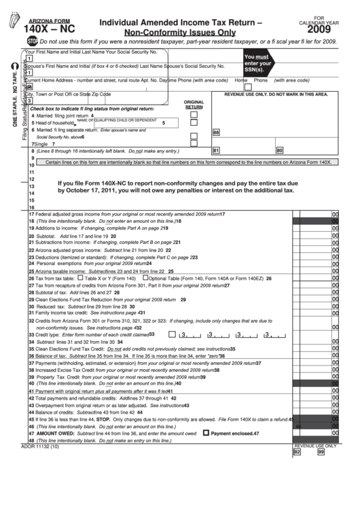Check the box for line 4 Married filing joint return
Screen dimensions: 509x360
[x=194, y=116]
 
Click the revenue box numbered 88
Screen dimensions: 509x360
[x=216, y=133]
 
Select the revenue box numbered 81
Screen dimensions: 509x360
[x=216, y=150]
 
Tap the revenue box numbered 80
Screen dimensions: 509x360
[x=279, y=150]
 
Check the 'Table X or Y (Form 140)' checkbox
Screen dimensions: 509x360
[x=80, y=278]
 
